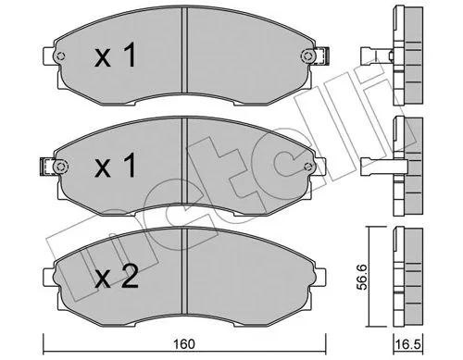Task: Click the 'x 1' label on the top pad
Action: (117, 58)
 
